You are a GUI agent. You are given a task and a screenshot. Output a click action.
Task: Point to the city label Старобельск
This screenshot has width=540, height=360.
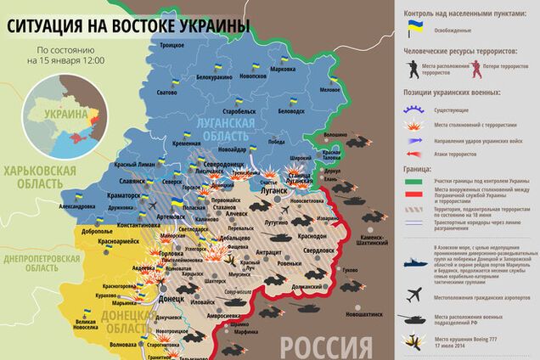(x=233, y=111)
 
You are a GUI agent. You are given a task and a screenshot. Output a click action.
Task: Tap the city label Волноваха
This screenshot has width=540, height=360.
(x=116, y=345)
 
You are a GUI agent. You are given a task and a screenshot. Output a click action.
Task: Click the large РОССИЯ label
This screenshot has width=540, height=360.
(x=326, y=346)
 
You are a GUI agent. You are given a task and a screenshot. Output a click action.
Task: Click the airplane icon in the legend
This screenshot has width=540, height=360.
(x=415, y=295)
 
